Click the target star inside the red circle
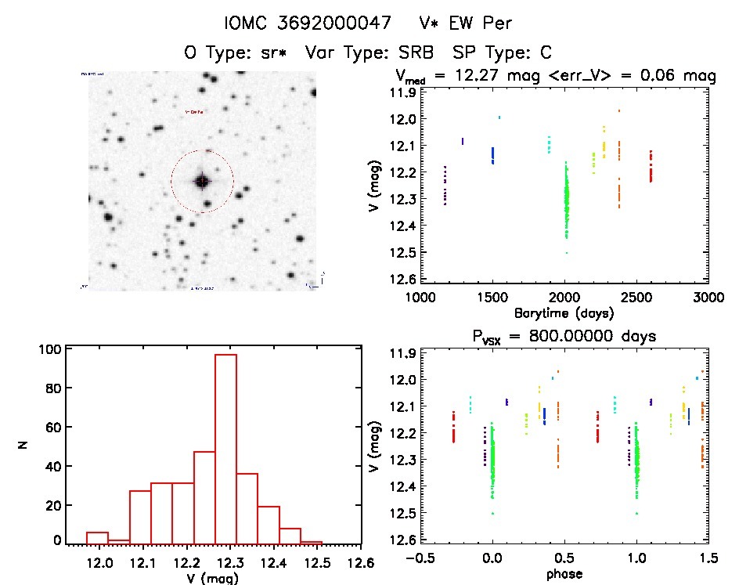tap(202, 182)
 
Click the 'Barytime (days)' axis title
tap(564, 312)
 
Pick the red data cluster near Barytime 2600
tap(650, 166)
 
